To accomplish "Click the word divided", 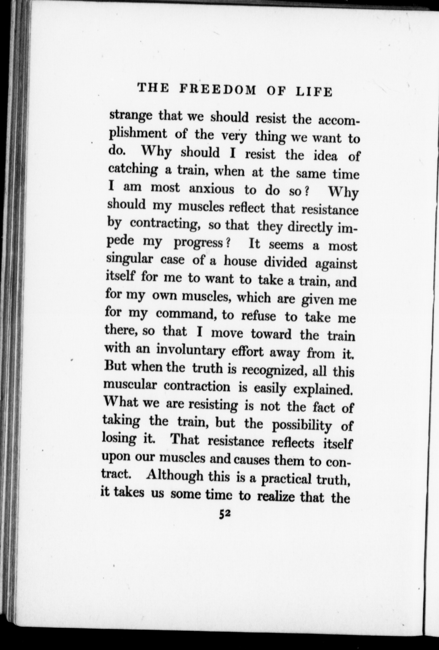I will coord(285,262).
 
